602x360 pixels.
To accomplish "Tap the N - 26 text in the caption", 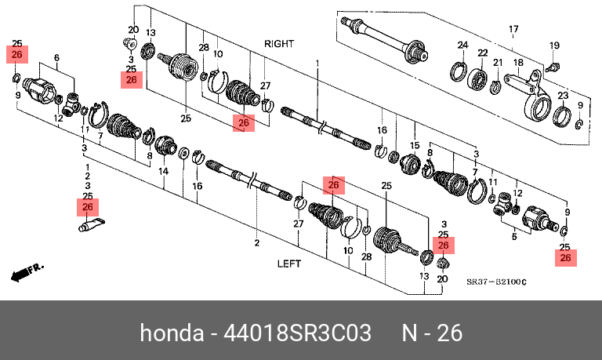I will point(432,333).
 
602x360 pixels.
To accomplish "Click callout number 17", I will point(514,30).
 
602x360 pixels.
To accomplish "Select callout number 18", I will point(518,62).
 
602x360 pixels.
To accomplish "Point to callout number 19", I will point(554,45).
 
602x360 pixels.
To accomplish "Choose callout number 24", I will point(462,45).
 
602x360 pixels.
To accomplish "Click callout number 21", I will point(498,62).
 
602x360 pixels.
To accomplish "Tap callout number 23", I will point(563,95).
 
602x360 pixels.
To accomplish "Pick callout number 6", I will point(56,58).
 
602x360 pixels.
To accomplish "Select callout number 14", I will point(164,171).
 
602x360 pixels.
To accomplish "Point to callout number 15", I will point(415,146).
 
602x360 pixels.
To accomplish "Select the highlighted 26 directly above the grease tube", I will point(87,207).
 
